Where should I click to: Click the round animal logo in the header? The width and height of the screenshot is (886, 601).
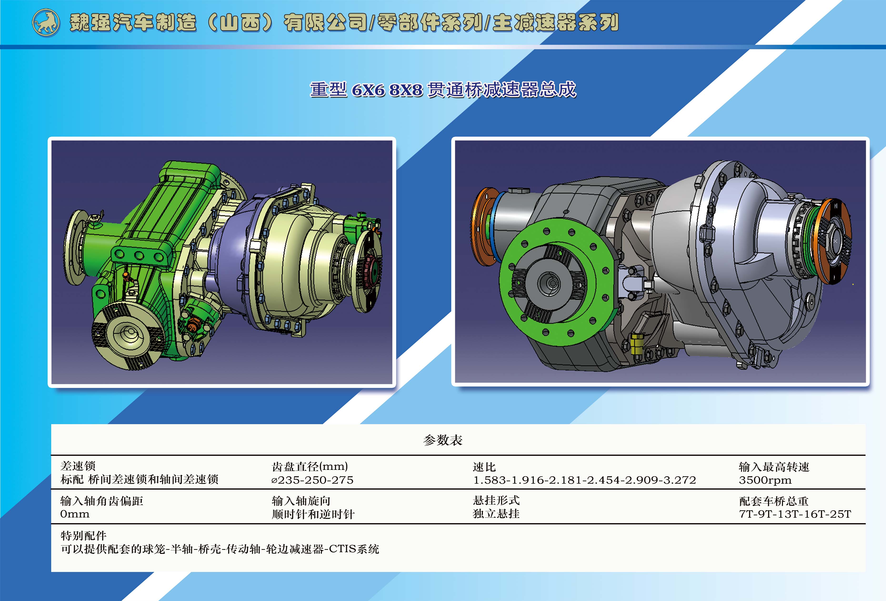(x=46, y=23)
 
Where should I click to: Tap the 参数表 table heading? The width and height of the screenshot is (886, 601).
(x=443, y=440)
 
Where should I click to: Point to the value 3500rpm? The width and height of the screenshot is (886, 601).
(x=765, y=480)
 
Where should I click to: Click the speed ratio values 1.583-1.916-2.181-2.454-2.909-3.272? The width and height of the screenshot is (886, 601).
(x=585, y=480)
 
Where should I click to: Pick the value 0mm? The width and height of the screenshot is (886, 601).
(x=75, y=514)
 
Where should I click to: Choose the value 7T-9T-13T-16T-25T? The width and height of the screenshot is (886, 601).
(x=795, y=514)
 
